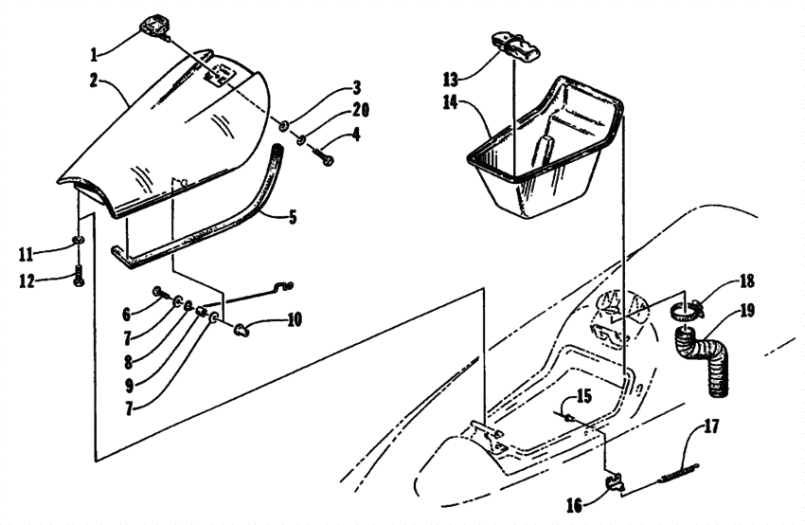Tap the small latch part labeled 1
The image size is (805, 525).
155,26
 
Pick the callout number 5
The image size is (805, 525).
292,217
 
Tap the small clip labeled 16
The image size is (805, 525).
615,485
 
